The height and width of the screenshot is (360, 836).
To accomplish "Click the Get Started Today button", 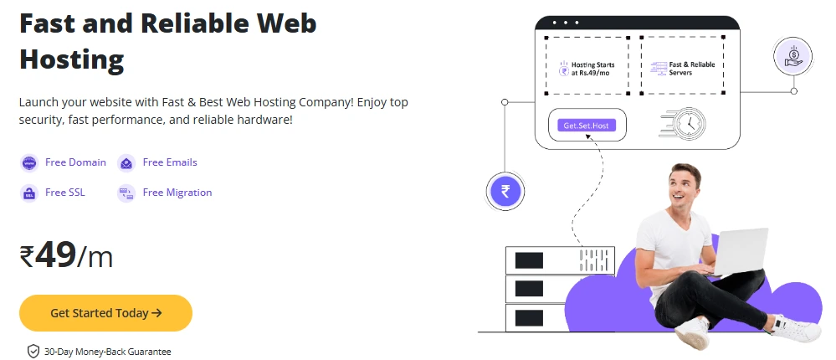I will pos(105,313).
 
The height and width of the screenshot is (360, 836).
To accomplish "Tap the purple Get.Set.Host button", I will pos(586,126).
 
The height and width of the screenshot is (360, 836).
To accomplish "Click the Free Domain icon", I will pos(29,162).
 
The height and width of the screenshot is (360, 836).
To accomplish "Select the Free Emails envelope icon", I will pos(126,162).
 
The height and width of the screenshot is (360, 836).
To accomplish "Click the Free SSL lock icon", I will pos(29,193).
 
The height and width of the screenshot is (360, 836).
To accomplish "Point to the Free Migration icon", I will pos(126,193).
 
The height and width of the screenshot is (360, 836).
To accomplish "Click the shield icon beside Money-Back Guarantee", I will pos(33,351).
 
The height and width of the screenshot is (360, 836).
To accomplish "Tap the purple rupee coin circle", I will pos(505,190).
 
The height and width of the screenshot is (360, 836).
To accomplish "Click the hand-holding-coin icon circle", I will pos(793,57).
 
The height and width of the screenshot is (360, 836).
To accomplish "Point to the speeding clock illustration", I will pos(685,123).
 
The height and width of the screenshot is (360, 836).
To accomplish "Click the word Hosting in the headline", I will pos(72,59).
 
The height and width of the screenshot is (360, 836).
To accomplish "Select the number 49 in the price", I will pos(56,255).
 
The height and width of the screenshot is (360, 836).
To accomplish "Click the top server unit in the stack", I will pos(560,260).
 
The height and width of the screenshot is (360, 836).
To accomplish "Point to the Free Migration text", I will pos(177,193).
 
